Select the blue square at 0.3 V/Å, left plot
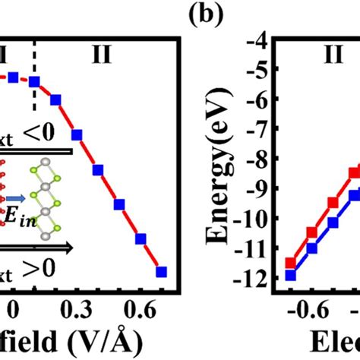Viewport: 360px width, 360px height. click(77, 135)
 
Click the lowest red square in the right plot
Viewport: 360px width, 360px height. click(290, 263)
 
